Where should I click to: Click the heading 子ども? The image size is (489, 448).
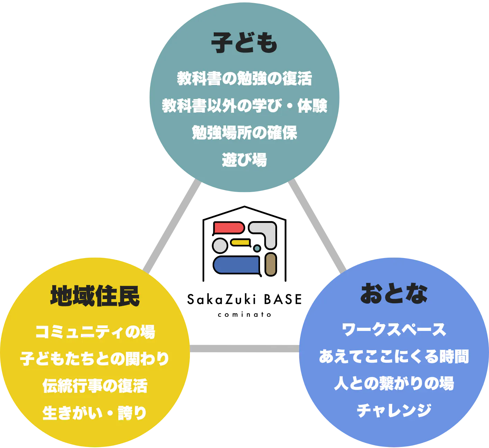tap(244, 43)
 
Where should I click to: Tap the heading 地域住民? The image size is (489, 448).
tap(95, 296)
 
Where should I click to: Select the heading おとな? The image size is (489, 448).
tap(394, 294)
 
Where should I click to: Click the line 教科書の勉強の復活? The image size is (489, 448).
tap(244, 78)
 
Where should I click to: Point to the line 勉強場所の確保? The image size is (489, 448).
tap(244, 133)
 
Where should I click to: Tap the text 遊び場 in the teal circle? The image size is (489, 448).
tap(244, 160)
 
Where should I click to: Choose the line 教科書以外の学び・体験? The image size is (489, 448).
tap(244, 105)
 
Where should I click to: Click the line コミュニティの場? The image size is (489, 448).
tap(95, 332)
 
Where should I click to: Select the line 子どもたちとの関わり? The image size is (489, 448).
tap(95, 359)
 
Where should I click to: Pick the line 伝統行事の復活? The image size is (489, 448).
tap(95, 386)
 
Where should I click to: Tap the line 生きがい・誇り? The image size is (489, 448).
tap(95, 413)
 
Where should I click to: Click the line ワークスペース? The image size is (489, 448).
tap(394, 330)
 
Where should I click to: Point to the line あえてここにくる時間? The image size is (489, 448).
tap(394, 356)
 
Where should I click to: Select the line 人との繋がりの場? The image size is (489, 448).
tap(394, 383)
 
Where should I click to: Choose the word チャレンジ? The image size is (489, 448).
tap(394, 410)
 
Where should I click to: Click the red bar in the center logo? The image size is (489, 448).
tap(229, 228)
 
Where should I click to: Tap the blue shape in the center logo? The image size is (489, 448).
tap(237, 265)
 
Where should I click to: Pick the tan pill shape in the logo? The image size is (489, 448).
tap(271, 264)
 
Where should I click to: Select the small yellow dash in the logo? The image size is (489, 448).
tap(240, 242)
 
